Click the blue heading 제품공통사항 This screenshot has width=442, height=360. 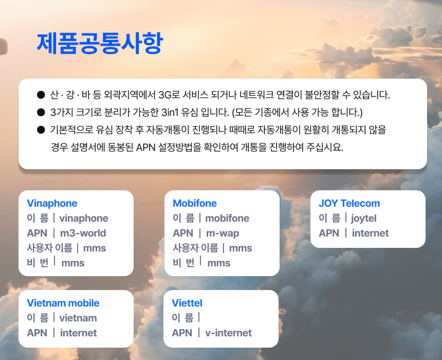pos(100,43)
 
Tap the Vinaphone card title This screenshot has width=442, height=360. pos(52,203)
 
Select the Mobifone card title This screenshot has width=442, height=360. pos(195,203)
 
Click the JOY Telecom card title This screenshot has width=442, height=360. pos(349,203)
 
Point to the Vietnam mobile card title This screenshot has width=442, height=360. pos(63,303)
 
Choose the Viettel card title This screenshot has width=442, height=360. pos(187,303)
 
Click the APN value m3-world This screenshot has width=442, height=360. pos(83,233)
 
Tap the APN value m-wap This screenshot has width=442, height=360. pos(223,233)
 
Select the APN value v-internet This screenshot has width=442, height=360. pos(228,333)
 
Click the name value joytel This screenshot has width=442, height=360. pos(364,219)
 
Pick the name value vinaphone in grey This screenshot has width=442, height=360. pos(84,219)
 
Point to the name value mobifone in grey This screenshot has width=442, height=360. pos(227,219)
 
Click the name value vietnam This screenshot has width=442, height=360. pos(78,318)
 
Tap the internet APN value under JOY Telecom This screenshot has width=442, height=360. pos(371,233)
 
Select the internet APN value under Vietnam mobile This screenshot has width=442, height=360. pos(78,333)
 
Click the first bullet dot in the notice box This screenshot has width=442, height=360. pos(41,95)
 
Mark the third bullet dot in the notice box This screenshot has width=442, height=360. pos(41,130)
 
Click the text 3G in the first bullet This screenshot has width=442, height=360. pos(165,95)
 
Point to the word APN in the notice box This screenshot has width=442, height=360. pos(146,147)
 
